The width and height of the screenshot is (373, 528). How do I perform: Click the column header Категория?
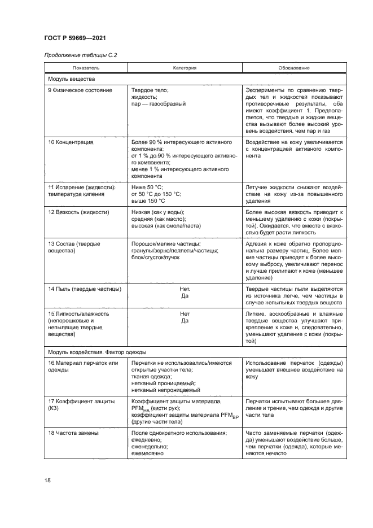[185, 68]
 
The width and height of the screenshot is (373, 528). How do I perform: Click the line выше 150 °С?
[148, 200]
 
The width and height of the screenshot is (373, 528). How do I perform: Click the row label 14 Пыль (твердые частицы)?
[85, 289]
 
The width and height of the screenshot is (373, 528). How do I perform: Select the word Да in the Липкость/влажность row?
[184, 321]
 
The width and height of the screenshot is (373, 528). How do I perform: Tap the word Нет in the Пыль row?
[184, 289]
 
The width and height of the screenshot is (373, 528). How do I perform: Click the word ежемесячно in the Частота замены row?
[147, 453]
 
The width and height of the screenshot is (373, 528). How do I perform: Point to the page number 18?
[48, 480]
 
